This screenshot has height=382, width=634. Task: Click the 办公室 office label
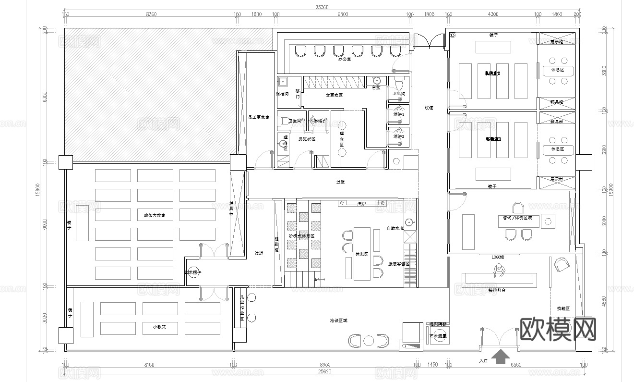(345, 60)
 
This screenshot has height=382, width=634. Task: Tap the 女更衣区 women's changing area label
(334, 95)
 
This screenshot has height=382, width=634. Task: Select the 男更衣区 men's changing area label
(306, 139)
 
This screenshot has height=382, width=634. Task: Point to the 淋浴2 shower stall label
(399, 136)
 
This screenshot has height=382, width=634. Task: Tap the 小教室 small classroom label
(159, 327)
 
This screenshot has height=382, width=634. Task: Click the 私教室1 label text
(493, 139)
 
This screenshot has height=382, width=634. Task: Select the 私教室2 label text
(492, 74)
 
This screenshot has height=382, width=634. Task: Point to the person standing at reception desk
(498, 272)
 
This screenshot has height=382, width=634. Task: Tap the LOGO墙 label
(498, 257)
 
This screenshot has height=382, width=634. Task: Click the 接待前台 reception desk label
(497, 290)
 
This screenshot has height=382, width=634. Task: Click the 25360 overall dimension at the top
(322, 7)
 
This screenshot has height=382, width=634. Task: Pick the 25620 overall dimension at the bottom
(322, 371)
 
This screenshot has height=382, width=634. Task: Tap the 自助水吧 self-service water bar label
(395, 228)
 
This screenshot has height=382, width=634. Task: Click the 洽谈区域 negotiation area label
(338, 320)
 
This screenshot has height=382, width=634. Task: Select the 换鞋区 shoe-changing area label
(563, 308)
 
